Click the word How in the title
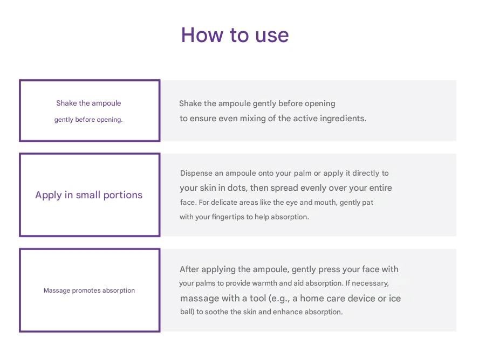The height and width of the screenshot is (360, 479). click(x=202, y=35)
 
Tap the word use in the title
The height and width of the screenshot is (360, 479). click(x=272, y=36)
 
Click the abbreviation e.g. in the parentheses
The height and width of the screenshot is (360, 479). click(x=280, y=299)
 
